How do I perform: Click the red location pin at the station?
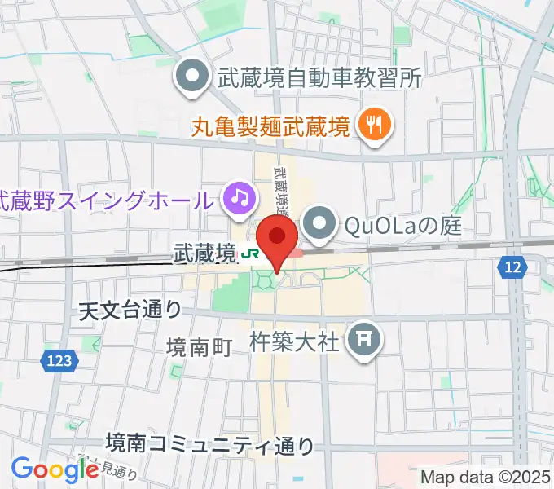click(279, 237)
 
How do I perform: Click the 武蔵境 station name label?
click(204, 254)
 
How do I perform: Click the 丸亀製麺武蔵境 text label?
click(270, 126)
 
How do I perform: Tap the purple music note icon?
click(239, 199)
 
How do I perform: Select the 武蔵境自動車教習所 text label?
click(319, 78)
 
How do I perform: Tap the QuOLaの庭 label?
click(402, 222)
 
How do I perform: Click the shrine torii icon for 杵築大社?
click(363, 340)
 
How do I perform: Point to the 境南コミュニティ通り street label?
click(210, 444)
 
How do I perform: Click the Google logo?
click(55, 469)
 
